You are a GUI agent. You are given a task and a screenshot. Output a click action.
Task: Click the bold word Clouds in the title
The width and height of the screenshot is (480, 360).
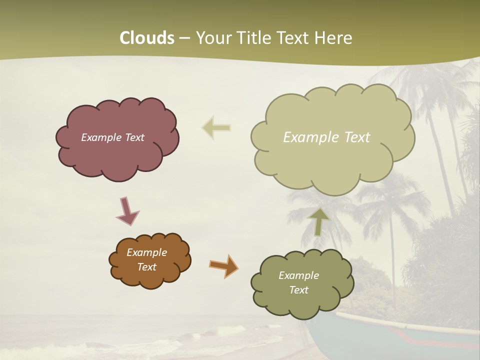pyautogui.click(x=146, y=38)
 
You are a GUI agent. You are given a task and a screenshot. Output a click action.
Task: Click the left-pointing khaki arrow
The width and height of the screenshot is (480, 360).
pyautogui.click(x=216, y=128)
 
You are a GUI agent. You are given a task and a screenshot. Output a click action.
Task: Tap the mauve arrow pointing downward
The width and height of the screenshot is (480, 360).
pyautogui.click(x=127, y=211)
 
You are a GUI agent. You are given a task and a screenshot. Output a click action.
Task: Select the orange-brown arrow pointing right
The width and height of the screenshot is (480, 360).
pyautogui.click(x=223, y=265)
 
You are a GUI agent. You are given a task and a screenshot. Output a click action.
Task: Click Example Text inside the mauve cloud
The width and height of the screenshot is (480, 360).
pyautogui.click(x=112, y=137)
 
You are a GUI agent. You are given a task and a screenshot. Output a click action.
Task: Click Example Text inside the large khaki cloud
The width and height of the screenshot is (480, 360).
pyautogui.click(x=326, y=137)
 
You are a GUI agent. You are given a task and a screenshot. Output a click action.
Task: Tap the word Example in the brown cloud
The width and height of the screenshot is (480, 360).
pyautogui.click(x=146, y=252)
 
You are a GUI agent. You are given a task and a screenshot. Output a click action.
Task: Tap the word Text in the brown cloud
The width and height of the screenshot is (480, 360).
pyautogui.click(x=146, y=267)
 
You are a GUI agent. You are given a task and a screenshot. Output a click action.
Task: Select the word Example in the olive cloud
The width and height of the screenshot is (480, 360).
pyautogui.click(x=298, y=275)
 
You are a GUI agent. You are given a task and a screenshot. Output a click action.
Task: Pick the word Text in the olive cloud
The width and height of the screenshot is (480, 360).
pyautogui.click(x=298, y=290)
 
